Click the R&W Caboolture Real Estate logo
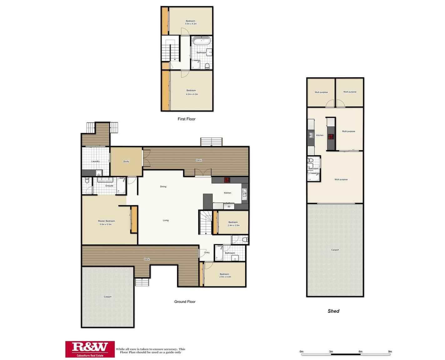pos(90,349)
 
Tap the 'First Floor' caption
pos(186,119)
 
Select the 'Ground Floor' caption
pos(185,302)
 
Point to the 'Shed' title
pos(333,311)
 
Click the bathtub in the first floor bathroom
pos(202,41)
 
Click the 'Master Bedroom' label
pos(106,221)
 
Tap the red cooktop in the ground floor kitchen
pos(227,180)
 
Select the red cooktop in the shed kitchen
pos(331,136)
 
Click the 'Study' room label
pos(126,162)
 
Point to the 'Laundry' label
pos(95,162)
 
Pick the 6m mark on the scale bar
pos(361,352)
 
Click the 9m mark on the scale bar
pos(390,352)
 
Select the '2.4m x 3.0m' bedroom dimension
pos(234,225)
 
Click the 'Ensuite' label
pos(109,186)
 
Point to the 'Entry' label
pos(207,253)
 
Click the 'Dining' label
pos(163,187)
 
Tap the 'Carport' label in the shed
pos(335,250)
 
